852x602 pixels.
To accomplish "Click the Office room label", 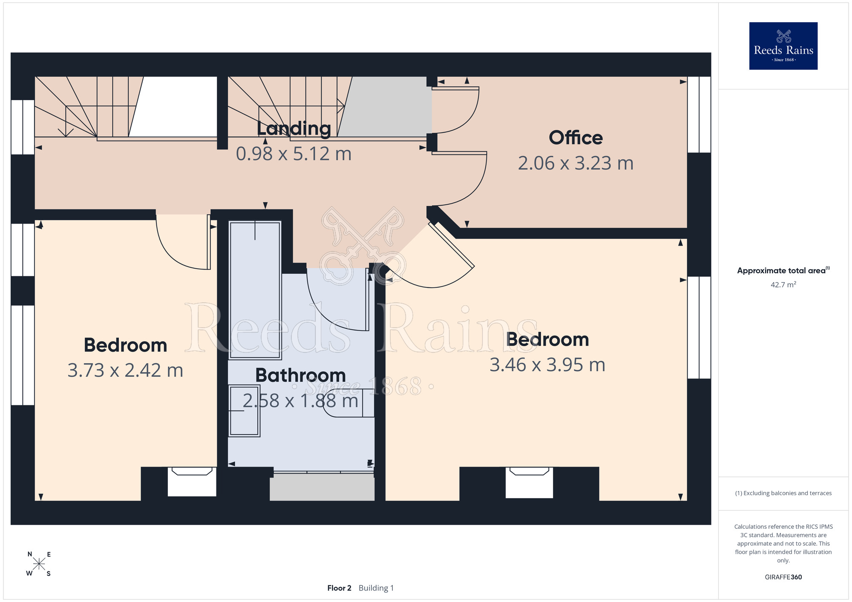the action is (x=576, y=138).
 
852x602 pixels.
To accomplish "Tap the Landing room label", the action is (x=294, y=129).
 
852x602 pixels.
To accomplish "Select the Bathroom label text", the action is (x=300, y=376).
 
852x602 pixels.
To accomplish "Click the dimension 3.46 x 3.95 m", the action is (x=547, y=365).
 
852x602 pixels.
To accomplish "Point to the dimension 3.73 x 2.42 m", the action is (x=125, y=370).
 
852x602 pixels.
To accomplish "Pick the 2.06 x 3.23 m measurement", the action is (x=576, y=163).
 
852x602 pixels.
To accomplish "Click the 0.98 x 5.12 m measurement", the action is (x=294, y=154).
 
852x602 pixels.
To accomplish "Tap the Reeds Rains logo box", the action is (x=783, y=46).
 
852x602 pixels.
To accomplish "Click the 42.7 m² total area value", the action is (x=783, y=284).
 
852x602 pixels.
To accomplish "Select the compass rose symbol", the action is (x=39, y=564).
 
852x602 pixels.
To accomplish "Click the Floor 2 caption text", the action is (x=339, y=588).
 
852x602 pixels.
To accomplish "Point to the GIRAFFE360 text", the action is (x=783, y=577).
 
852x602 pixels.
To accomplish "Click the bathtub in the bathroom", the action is (x=255, y=290).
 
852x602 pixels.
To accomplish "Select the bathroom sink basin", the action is (x=244, y=411).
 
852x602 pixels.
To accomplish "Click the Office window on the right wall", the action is (x=699, y=115).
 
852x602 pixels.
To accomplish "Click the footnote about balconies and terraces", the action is (x=783, y=493).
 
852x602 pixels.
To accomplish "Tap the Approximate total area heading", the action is (x=783, y=270).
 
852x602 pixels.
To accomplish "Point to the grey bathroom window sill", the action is (x=322, y=487).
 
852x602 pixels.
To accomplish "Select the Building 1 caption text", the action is (x=376, y=588).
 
